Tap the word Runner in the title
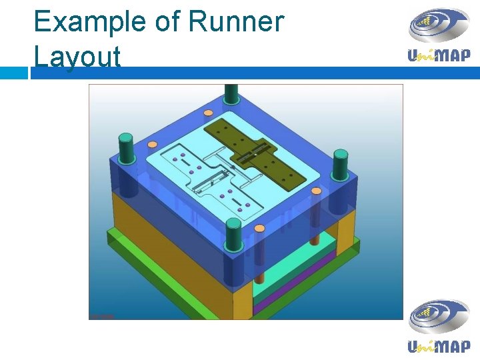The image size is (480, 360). (236, 22)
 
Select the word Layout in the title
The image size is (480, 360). (77, 56)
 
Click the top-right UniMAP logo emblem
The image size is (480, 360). (439, 27)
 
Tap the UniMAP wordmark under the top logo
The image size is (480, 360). (439, 55)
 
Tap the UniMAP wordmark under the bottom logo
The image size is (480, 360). (439, 346)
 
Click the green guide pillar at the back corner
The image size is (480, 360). (231, 93)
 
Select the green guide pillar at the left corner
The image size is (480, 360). (125, 147)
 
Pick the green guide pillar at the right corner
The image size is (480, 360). (341, 164)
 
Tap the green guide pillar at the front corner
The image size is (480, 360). (233, 235)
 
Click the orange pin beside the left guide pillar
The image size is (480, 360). (152, 144)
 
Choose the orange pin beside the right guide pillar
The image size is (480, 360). (317, 191)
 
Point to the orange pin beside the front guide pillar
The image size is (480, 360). (260, 229)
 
